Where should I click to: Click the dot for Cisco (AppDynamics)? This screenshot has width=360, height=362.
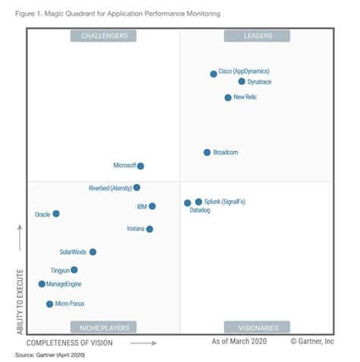(x=213, y=74)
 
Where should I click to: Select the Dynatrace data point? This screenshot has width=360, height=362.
(x=242, y=81)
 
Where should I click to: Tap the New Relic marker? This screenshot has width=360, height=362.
(x=228, y=97)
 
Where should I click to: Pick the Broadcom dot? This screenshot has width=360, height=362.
(x=207, y=153)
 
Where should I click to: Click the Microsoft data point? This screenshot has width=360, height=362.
(x=141, y=165)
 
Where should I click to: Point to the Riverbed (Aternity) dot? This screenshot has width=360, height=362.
(x=137, y=187)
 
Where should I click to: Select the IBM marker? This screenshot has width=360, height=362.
(x=152, y=206)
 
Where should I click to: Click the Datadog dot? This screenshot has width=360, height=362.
(x=187, y=203)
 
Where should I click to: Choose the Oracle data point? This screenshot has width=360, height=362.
(x=55, y=214)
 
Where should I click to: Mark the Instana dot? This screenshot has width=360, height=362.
(x=150, y=228)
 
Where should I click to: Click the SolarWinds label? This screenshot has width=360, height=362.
(x=73, y=252)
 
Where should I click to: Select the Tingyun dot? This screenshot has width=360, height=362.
(x=74, y=269)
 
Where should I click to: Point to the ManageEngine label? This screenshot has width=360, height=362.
(x=64, y=284)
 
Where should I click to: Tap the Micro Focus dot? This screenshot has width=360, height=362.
(x=49, y=304)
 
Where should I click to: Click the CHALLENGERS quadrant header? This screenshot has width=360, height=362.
(x=104, y=36)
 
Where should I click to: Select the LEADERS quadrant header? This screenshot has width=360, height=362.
(x=257, y=36)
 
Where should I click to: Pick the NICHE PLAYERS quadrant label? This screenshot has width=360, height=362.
(x=104, y=327)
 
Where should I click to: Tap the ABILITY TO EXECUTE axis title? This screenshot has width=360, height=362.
(x=21, y=301)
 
